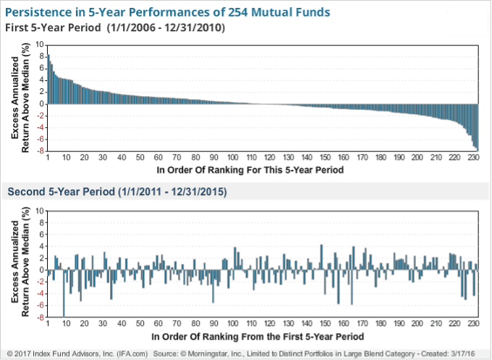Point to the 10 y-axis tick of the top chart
pyautogui.click(x=39, y=44)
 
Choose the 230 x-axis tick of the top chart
pyautogui.click(x=472, y=158)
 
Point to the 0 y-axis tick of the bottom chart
pyautogui.click(x=41, y=270)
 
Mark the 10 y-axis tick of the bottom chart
pyautogui.click(x=39, y=210)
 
